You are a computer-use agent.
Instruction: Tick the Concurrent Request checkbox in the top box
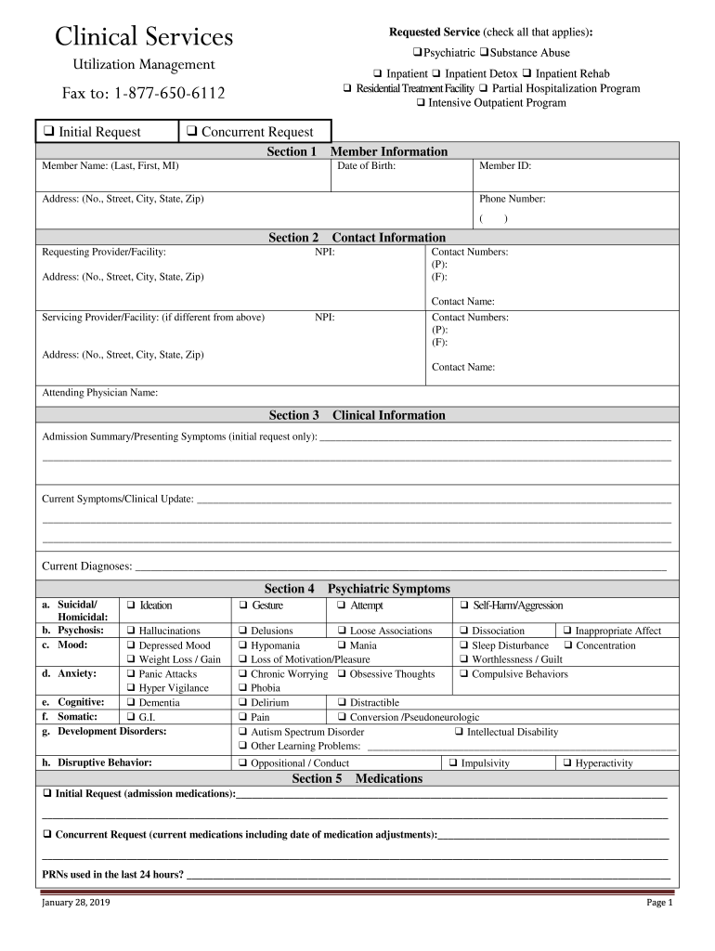pos(191,133)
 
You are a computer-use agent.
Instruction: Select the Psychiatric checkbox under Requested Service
pos(418,53)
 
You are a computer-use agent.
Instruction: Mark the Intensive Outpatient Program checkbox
pos(422,103)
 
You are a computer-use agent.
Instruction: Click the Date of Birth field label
pos(367,166)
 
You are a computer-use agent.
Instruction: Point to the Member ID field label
pos(505,166)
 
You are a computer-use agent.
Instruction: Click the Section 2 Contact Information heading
pos(357,238)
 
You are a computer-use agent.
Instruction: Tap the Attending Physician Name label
pos(100,393)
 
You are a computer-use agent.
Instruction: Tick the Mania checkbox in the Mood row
pos(342,645)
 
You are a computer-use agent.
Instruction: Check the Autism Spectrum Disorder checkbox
pos(243,733)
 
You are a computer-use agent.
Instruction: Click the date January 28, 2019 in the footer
pos(76,904)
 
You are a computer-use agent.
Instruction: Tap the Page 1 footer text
pos(658,904)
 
